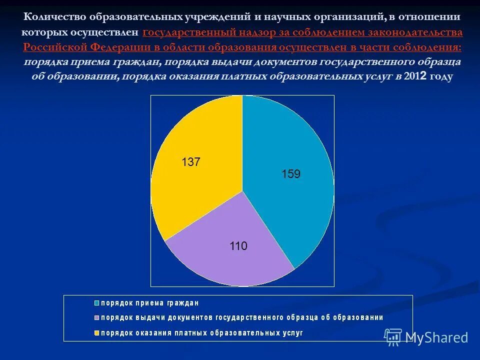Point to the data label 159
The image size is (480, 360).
pos(290,174)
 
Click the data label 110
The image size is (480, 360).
pos(238,246)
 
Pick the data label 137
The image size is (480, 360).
pos(190,162)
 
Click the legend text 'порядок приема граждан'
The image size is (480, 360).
pos(150,303)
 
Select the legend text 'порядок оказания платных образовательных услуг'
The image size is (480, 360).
pos(202,332)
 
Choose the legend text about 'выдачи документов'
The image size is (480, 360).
pos(242,317)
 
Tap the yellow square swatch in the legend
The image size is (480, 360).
pos(96,332)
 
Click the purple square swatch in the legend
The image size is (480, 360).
pos(96,317)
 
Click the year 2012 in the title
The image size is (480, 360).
pos(415,76)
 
